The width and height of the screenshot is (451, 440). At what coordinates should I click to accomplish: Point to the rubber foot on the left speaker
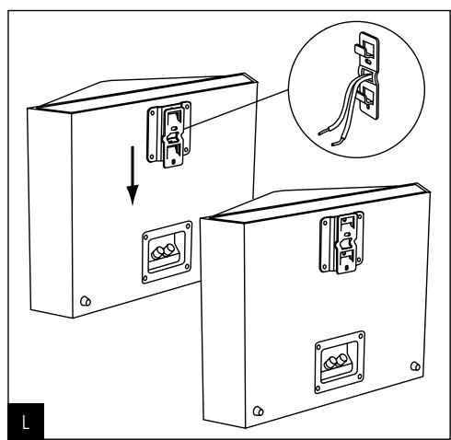click(86, 301)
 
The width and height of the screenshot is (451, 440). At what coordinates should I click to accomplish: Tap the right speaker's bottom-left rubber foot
click(258, 409)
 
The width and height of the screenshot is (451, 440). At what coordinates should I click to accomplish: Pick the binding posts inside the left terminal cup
click(163, 250)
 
